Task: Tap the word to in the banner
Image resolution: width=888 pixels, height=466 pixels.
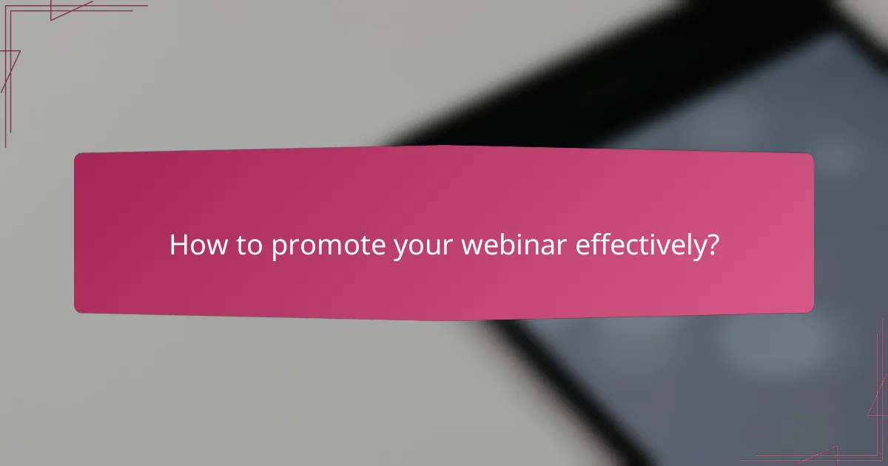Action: [250, 246]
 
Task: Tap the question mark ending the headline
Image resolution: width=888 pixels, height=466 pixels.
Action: [711, 246]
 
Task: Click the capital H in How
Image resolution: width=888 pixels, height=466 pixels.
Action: [178, 246]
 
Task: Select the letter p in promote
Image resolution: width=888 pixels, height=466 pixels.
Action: [279, 249]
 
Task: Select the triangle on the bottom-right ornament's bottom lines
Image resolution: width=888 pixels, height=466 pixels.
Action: [821, 456]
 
